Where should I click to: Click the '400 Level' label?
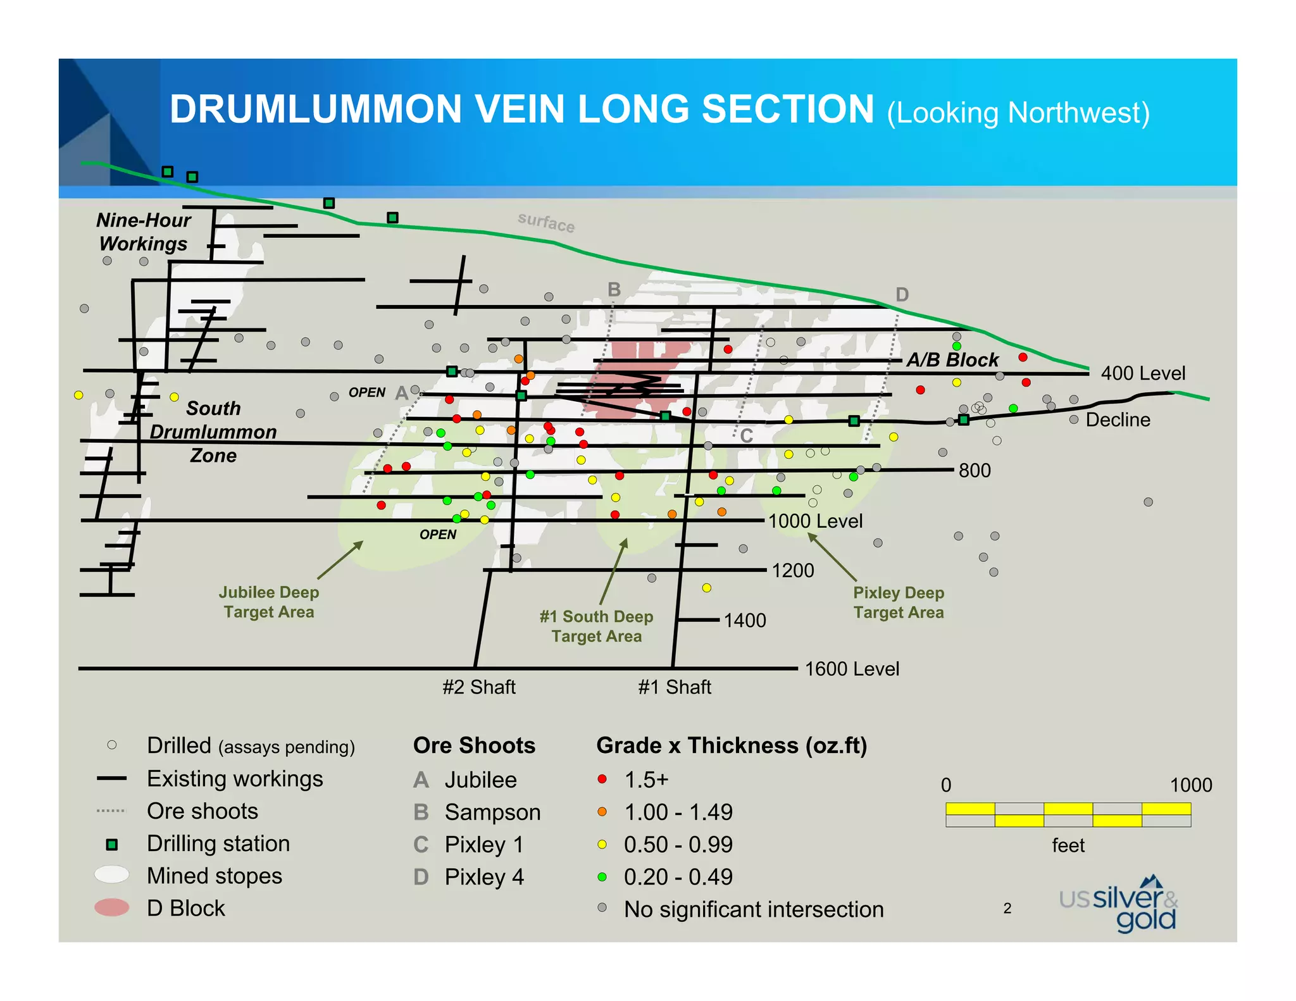tap(1143, 373)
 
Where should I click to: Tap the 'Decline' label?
tap(1118, 420)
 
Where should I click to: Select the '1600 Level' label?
tap(852, 669)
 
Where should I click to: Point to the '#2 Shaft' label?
tap(479, 687)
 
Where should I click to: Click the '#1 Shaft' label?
tap(675, 687)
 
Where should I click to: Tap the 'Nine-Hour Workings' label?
tap(144, 232)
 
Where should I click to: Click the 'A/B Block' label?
tap(952, 360)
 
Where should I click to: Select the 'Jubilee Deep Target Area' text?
tap(269, 602)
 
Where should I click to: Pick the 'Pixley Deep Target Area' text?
tap(899, 602)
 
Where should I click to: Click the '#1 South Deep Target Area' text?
tap(596, 626)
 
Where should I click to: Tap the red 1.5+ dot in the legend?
tap(602, 779)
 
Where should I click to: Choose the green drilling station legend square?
tap(112, 844)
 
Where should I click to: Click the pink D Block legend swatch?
tap(112, 908)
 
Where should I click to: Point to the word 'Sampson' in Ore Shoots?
tap(492, 812)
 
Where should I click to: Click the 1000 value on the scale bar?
tap(1191, 785)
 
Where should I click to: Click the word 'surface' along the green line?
tap(546, 222)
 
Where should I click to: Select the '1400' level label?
tap(745, 620)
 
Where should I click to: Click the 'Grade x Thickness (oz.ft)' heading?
tap(732, 745)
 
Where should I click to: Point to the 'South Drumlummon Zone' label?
tap(213, 432)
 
